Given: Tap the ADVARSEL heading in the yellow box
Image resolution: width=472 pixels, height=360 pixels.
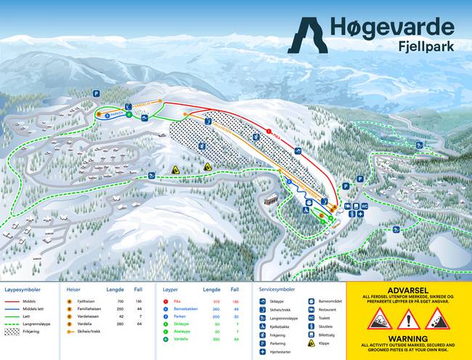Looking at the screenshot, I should click(x=409, y=289).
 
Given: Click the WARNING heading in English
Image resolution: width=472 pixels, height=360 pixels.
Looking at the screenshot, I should click(x=409, y=337).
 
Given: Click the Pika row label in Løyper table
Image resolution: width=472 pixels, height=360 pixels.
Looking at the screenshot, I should click(x=176, y=300).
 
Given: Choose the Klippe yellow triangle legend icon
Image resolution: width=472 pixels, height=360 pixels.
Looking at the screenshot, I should click(x=311, y=344).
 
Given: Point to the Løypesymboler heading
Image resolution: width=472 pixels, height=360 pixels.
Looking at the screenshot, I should click(x=25, y=288).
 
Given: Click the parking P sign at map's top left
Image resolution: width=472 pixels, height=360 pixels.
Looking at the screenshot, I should click(x=96, y=93).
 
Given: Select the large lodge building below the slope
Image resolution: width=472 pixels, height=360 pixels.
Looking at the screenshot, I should click(x=271, y=199).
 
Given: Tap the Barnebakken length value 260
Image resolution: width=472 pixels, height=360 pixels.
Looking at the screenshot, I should click(x=216, y=310).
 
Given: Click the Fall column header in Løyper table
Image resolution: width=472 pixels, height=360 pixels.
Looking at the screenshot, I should click(x=235, y=288).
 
